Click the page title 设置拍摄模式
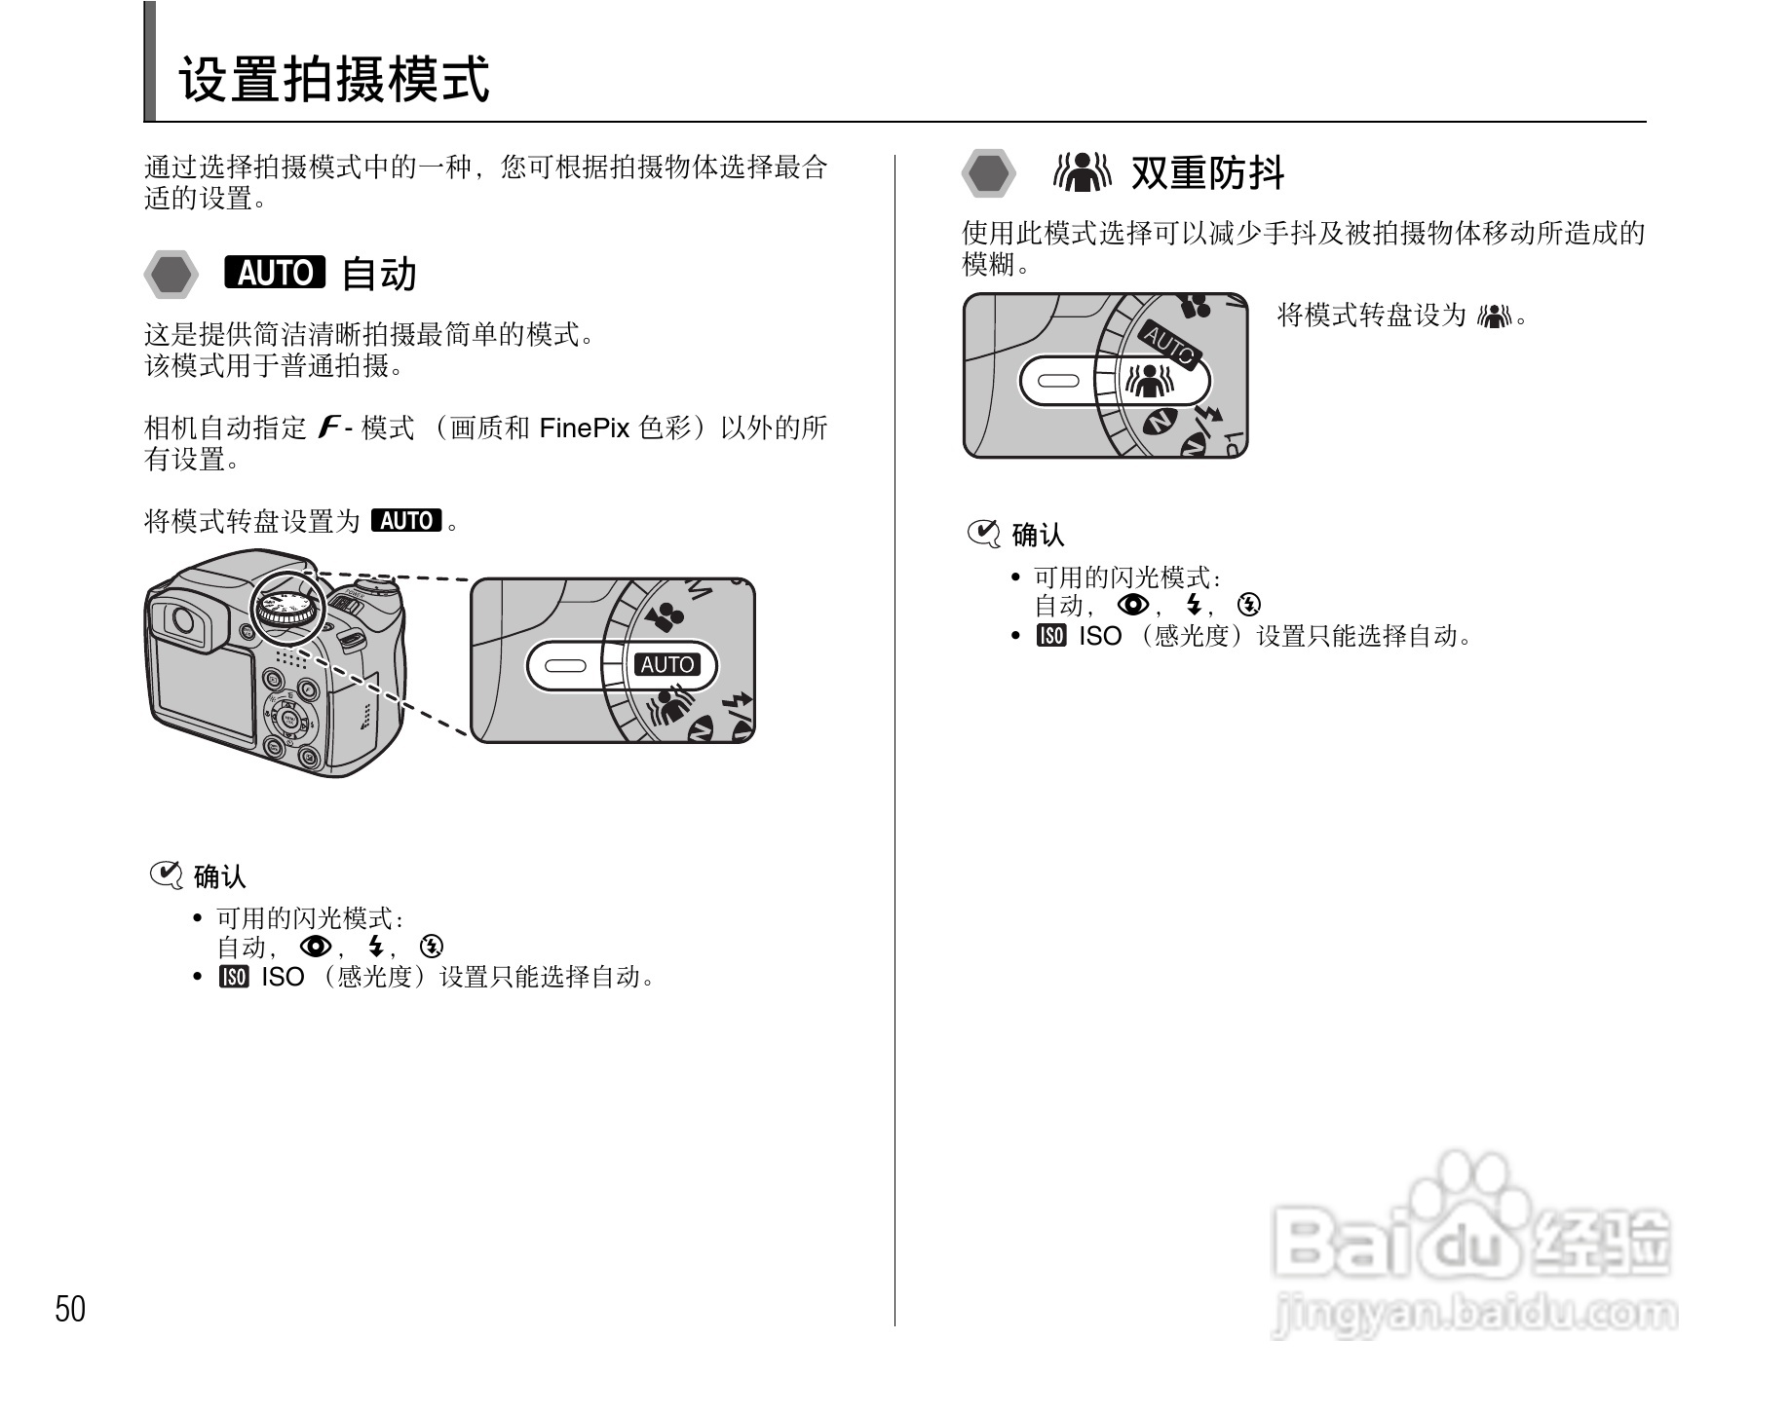click(333, 79)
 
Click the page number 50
click(70, 1309)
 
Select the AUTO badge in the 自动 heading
click(274, 273)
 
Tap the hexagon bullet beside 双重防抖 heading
click(988, 174)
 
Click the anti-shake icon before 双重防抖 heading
click(1082, 173)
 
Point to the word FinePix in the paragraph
click(584, 428)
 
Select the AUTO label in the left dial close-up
click(666, 665)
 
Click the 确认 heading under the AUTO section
click(219, 877)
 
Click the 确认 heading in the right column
click(1038, 535)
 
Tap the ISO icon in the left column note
click(234, 977)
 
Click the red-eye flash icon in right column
click(1133, 606)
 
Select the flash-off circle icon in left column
click(433, 947)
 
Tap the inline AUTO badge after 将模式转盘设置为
click(406, 521)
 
